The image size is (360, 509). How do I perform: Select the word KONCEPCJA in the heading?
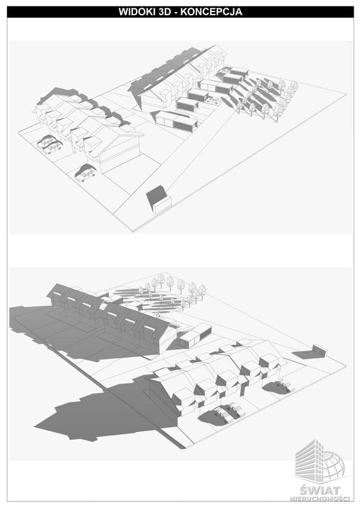pos(211,11)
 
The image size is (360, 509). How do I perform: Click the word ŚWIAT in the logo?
pos(320,489)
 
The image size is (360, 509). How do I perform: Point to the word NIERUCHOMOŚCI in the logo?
pos(320,498)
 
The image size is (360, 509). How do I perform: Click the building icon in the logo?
pos(309,459)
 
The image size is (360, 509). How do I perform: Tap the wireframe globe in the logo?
pos(333,465)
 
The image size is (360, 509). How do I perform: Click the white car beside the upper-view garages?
pos(212,101)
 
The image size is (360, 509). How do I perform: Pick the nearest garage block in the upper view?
pos(176,121)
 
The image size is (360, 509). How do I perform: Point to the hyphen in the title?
pos(176,13)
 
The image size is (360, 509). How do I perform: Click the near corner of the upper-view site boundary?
pos(134,232)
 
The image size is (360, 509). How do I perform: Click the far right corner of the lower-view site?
pos(347,366)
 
